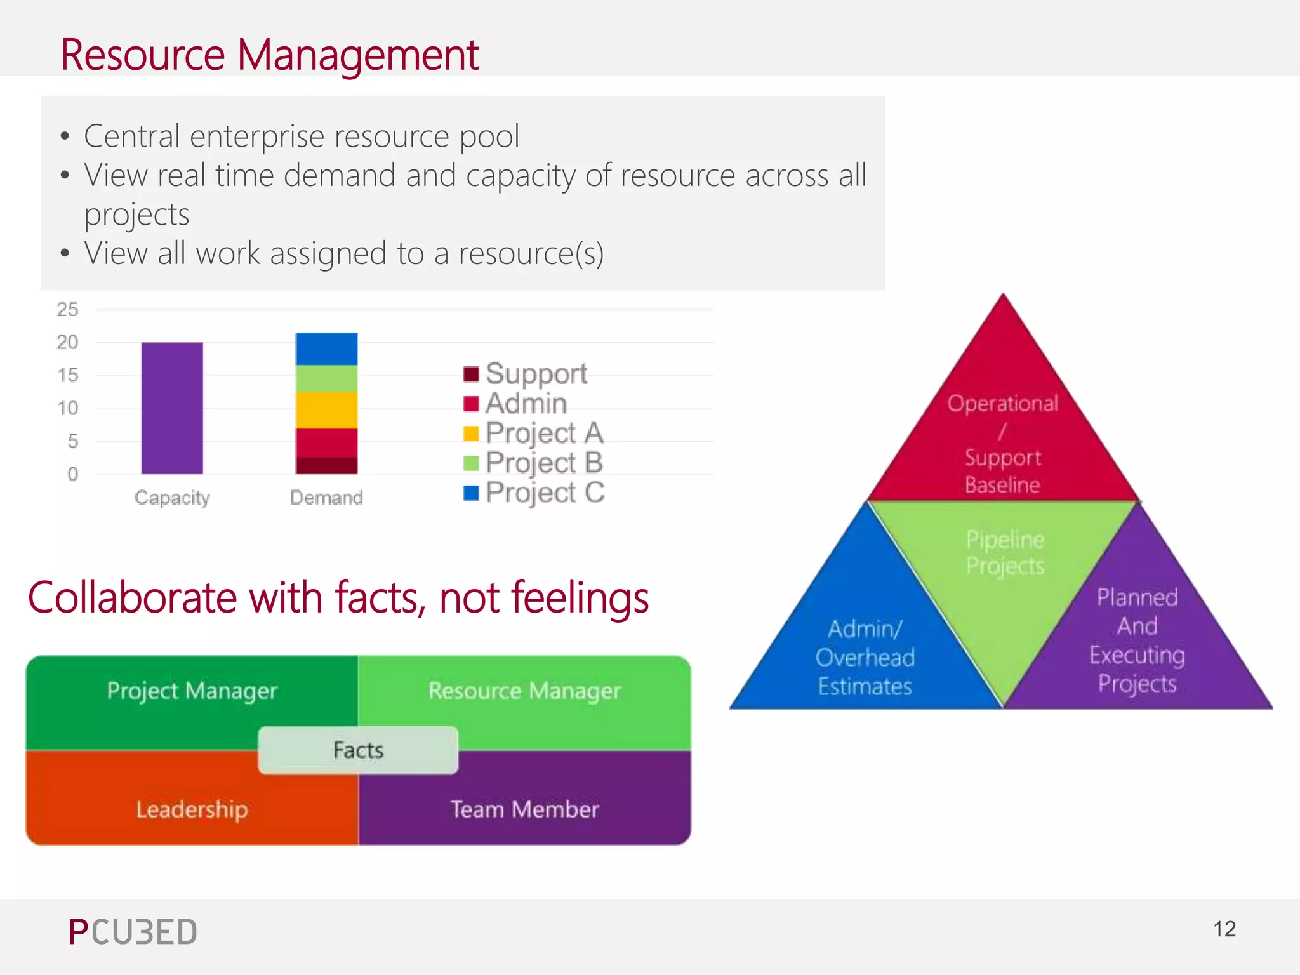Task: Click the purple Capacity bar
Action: [172, 408]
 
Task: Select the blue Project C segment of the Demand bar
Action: [326, 348]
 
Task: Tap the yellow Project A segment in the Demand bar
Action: [326, 410]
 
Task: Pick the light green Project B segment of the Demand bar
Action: [326, 378]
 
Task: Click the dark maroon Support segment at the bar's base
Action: [326, 465]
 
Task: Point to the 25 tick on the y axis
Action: [67, 310]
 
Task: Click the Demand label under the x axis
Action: [326, 498]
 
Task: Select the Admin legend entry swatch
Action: [471, 404]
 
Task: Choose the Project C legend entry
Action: [545, 493]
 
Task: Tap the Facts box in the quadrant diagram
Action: [358, 750]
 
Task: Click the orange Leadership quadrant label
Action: [192, 809]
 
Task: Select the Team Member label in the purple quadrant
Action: [524, 809]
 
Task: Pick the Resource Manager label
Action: [524, 691]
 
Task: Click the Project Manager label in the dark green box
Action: [192, 691]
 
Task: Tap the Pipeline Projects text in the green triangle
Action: [1005, 553]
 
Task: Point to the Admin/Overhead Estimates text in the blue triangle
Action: [865, 658]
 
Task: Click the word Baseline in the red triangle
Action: [1002, 485]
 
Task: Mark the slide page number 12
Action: [1224, 929]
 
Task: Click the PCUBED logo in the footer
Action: [133, 932]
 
